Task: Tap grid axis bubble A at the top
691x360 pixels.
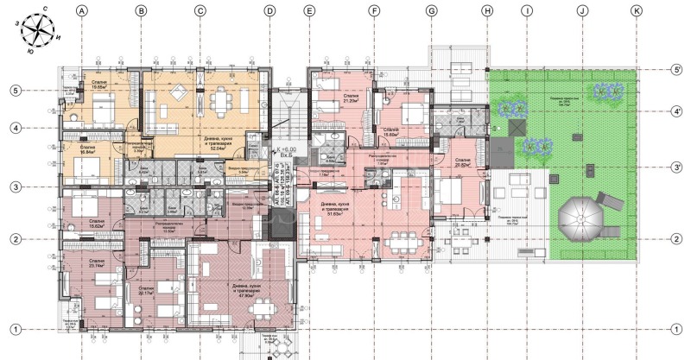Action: click(x=82, y=12)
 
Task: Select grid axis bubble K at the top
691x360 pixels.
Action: click(x=637, y=12)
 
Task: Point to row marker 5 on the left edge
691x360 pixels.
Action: click(x=15, y=90)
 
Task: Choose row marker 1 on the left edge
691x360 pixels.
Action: click(x=15, y=328)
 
